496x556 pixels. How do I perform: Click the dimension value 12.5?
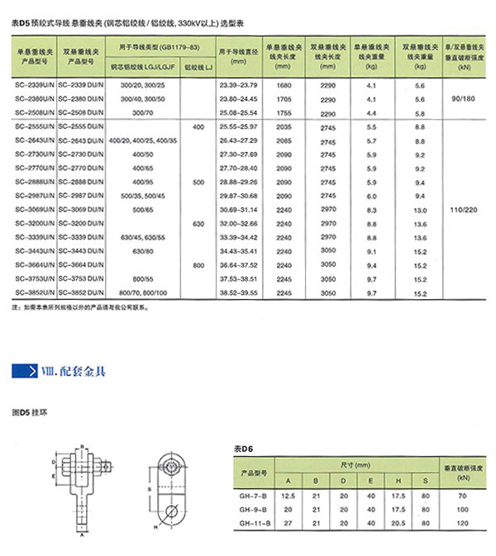[x=288, y=495]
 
